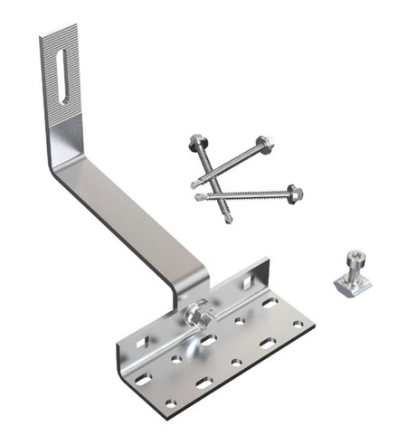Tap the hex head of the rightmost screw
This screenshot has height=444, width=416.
(x=294, y=193)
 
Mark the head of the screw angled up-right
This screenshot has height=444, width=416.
(x=263, y=143)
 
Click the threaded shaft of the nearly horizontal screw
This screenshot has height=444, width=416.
(x=244, y=193)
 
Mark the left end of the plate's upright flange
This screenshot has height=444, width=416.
(x=121, y=348)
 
